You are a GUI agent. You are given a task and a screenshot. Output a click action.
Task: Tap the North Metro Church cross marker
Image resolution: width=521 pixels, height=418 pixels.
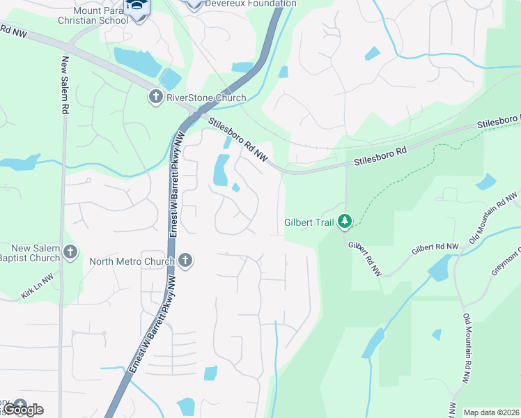(185, 261)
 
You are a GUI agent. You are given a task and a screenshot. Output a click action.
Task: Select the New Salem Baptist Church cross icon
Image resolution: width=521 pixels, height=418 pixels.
(69, 252)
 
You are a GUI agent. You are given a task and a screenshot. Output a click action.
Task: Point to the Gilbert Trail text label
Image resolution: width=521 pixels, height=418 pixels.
(309, 224)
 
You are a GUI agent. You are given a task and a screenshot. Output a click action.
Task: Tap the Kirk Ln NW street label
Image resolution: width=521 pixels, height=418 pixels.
(36, 290)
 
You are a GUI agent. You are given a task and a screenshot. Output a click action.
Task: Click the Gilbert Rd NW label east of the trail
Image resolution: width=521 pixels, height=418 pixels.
(435, 247)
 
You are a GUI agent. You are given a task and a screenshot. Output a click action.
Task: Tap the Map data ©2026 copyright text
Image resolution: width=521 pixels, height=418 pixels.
(492, 412)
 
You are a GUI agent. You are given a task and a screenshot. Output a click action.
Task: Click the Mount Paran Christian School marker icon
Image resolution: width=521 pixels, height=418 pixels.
(136, 7)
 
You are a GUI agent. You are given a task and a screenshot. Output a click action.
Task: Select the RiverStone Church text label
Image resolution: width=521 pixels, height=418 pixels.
(206, 98)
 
